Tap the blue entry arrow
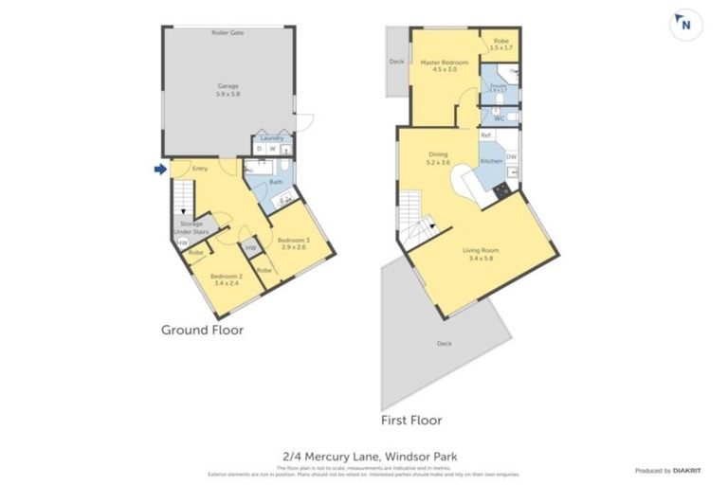(x=161, y=170)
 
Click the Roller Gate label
(x=227, y=32)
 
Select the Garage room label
(x=227, y=90)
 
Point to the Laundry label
(x=272, y=138)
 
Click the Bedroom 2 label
(x=227, y=279)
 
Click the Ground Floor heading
(x=202, y=331)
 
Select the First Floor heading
(x=410, y=420)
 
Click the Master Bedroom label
(x=445, y=65)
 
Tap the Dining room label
(x=438, y=158)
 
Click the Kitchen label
(x=491, y=161)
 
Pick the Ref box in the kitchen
(x=485, y=135)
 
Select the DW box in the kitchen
(x=511, y=157)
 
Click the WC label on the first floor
(x=499, y=118)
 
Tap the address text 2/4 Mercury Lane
(x=363, y=457)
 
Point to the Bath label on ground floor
(x=276, y=182)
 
